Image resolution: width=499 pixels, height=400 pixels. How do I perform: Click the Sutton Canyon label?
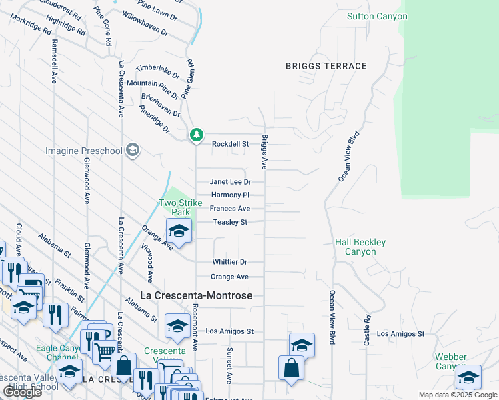[377, 16]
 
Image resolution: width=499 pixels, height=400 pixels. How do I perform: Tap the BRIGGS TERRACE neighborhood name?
[326, 66]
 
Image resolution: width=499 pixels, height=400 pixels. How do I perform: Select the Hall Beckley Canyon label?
[360, 247]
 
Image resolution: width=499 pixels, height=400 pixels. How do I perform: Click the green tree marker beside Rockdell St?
[196, 135]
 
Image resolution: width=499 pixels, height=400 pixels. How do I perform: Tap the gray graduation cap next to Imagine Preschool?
[133, 150]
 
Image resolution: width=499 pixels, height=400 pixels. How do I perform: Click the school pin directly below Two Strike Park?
[179, 231]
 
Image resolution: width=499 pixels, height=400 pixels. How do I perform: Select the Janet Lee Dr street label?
[230, 182]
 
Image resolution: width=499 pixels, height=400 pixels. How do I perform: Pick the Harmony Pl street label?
[230, 195]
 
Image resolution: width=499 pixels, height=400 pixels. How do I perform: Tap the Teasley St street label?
[230, 222]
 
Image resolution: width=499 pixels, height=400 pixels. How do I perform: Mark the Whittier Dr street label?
[230, 262]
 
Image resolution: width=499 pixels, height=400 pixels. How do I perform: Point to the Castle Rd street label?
[366, 330]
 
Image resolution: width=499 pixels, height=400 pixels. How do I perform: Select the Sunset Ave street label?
[229, 365]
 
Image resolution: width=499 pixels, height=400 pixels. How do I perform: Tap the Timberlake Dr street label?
[153, 73]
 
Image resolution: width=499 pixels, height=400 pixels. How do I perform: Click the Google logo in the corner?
[23, 392]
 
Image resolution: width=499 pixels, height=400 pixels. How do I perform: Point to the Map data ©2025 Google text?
[458, 395]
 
